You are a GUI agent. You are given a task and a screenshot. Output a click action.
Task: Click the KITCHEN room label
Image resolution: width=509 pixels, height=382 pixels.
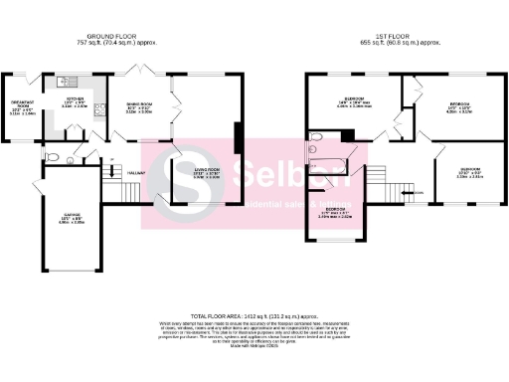[x=76, y=100]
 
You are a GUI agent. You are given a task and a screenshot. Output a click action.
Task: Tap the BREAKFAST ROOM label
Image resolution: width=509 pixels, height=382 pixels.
[x=23, y=102]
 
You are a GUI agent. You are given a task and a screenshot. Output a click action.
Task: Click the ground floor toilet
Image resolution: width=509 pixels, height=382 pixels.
[x=59, y=157]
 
